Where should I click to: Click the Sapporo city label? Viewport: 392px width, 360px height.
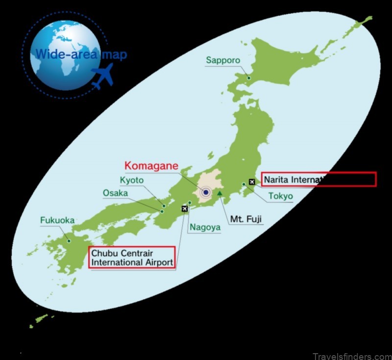point(223,61)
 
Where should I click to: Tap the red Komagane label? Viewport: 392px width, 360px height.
point(151,166)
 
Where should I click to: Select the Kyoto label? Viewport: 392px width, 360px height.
point(132,180)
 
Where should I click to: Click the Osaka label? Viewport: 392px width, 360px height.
point(115,193)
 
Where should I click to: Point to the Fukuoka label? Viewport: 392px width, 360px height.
point(57,220)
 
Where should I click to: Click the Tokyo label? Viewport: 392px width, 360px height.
point(281,196)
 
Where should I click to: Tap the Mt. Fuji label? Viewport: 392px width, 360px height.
point(246,216)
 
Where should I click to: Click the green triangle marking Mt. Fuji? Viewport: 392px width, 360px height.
point(220,193)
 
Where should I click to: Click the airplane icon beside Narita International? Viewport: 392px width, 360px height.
point(252,182)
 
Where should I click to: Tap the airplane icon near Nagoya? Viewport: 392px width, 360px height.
point(185,209)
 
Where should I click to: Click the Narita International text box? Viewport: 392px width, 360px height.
point(318,179)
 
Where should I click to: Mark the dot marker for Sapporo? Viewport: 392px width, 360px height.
point(248,78)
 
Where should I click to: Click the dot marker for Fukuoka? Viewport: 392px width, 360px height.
point(69,240)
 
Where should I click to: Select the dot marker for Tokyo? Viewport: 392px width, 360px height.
point(244,185)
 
